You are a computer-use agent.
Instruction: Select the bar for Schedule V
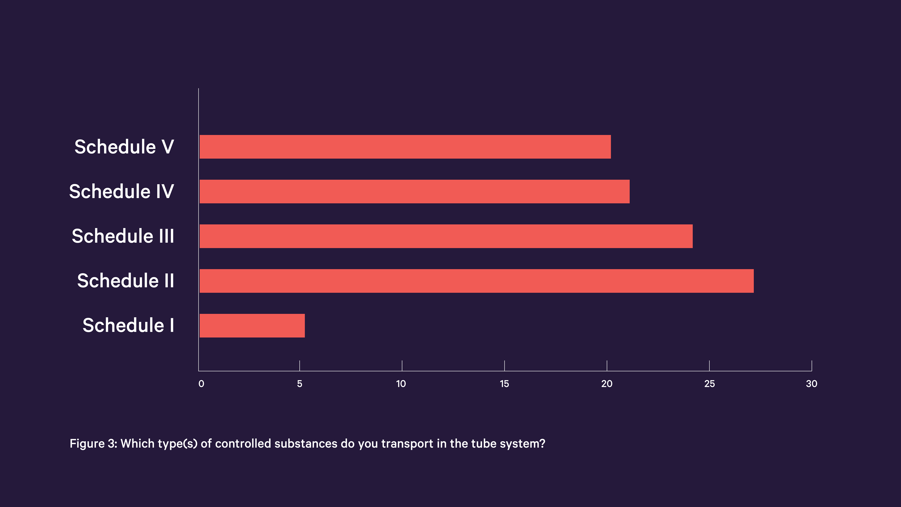click(405, 147)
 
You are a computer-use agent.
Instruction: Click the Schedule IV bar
click(414, 192)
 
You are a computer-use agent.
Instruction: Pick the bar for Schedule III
click(446, 236)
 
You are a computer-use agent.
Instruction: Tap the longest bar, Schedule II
click(476, 281)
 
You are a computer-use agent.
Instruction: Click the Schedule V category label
click(124, 147)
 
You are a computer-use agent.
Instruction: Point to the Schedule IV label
click(121, 192)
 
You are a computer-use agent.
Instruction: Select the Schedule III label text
click(123, 236)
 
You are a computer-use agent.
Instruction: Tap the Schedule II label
click(126, 281)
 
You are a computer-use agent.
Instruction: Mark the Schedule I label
click(128, 326)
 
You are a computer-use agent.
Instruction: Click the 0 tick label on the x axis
click(201, 384)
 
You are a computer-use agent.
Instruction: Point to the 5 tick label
click(299, 384)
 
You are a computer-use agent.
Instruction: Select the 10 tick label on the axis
click(401, 384)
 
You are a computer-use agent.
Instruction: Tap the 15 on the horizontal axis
click(504, 384)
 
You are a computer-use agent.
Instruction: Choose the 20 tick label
click(606, 384)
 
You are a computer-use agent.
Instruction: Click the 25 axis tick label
click(709, 384)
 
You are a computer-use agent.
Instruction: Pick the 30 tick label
click(811, 384)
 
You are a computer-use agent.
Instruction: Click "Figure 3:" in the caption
click(93, 444)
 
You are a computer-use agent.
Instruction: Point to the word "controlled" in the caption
click(243, 444)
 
